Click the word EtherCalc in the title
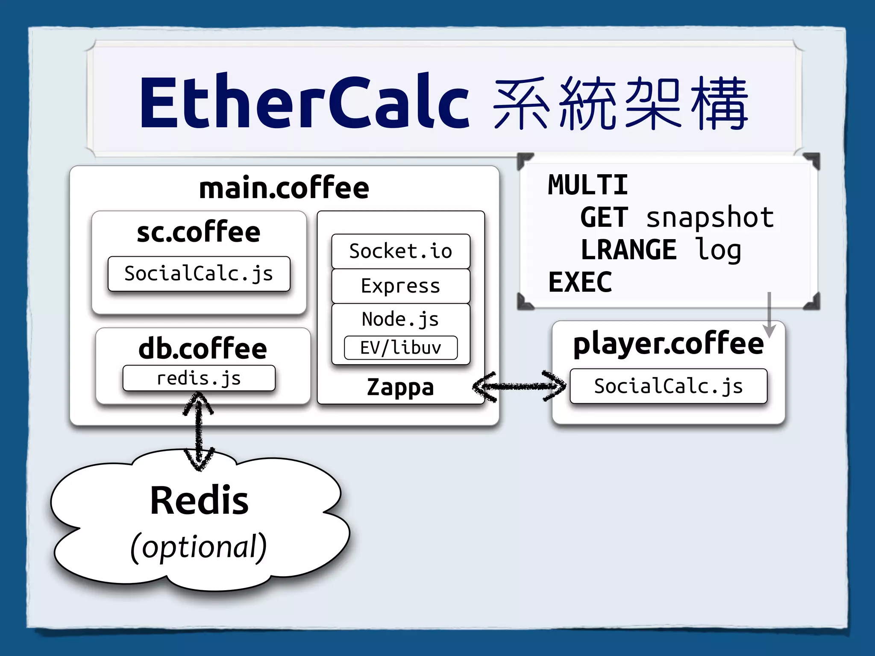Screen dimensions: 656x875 click(304, 102)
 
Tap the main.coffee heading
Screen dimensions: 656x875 click(284, 188)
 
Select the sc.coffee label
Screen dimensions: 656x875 click(199, 232)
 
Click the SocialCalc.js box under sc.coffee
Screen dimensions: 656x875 click(199, 274)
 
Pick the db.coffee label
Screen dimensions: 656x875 click(203, 348)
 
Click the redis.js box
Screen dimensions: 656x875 click(199, 378)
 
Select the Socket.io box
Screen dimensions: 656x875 click(400, 251)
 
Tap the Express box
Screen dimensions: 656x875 click(400, 286)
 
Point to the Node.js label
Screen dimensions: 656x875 click(400, 319)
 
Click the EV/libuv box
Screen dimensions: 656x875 click(400, 348)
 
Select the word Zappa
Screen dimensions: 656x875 click(400, 387)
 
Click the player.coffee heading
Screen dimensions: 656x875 click(668, 344)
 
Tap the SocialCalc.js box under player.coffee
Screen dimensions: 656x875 click(668, 386)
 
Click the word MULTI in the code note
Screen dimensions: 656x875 click(588, 185)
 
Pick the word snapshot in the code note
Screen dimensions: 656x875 click(710, 217)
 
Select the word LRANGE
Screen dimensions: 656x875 click(628, 250)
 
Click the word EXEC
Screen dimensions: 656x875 click(580, 282)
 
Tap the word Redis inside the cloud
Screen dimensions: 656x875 click(199, 501)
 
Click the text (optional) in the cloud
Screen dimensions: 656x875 click(199, 547)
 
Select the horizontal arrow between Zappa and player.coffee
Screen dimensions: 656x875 click(519, 387)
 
